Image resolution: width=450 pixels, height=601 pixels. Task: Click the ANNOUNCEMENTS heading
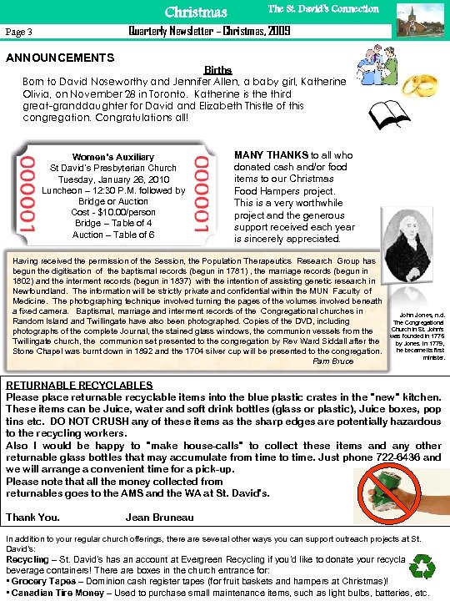60,58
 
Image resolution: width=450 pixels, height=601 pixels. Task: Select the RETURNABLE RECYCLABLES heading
79,385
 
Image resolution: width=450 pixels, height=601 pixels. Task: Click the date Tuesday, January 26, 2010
112,179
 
